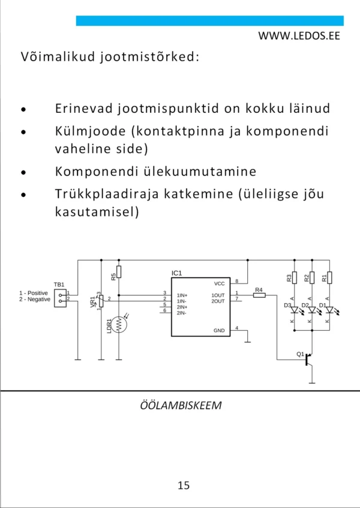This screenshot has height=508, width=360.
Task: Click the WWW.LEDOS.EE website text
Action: tap(299, 35)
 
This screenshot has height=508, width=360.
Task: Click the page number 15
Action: tap(184, 485)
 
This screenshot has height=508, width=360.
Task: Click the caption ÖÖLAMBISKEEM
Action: tap(180, 405)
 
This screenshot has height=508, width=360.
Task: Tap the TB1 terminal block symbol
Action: tap(60, 297)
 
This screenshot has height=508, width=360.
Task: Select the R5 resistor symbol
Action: tap(119, 272)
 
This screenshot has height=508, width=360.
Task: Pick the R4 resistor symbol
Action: tap(259, 295)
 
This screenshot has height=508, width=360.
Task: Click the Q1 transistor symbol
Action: tap(308, 359)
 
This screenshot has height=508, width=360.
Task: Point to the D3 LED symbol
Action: tap(294, 310)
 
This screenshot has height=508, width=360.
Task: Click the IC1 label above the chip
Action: tap(176, 273)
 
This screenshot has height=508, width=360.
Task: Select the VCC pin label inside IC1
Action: tap(219, 283)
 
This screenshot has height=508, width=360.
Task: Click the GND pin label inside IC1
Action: tap(219, 330)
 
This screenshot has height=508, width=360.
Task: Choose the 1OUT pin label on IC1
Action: tap(218, 295)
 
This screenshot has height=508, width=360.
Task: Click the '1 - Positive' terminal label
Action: tap(34, 293)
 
